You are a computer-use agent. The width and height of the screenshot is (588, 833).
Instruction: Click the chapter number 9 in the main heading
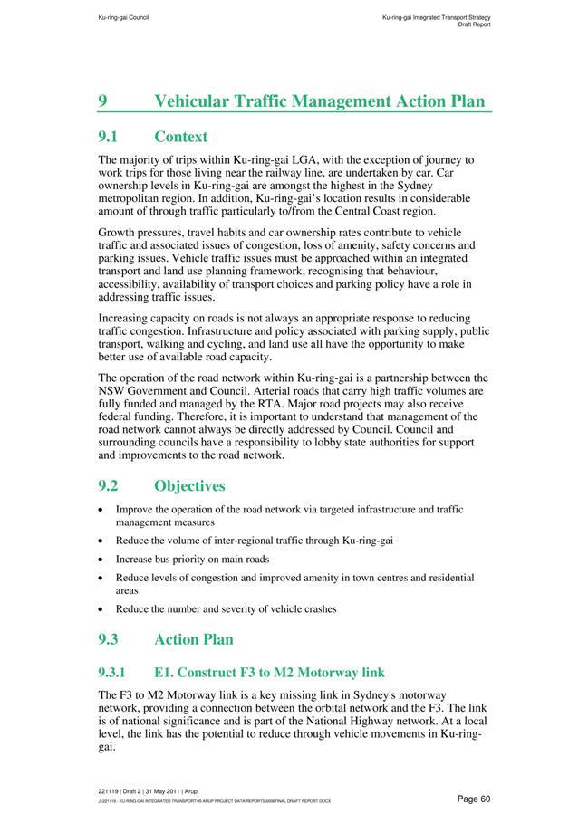[x=102, y=101]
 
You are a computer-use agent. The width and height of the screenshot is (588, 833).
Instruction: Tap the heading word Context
[x=180, y=137]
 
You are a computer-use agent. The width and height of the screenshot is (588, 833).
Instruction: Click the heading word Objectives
[x=189, y=486]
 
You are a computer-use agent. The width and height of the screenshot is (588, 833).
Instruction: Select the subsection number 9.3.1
[x=115, y=673]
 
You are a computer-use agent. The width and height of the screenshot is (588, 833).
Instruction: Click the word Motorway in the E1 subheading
[x=321, y=673]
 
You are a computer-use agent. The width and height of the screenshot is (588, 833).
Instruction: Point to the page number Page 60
[x=474, y=798]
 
